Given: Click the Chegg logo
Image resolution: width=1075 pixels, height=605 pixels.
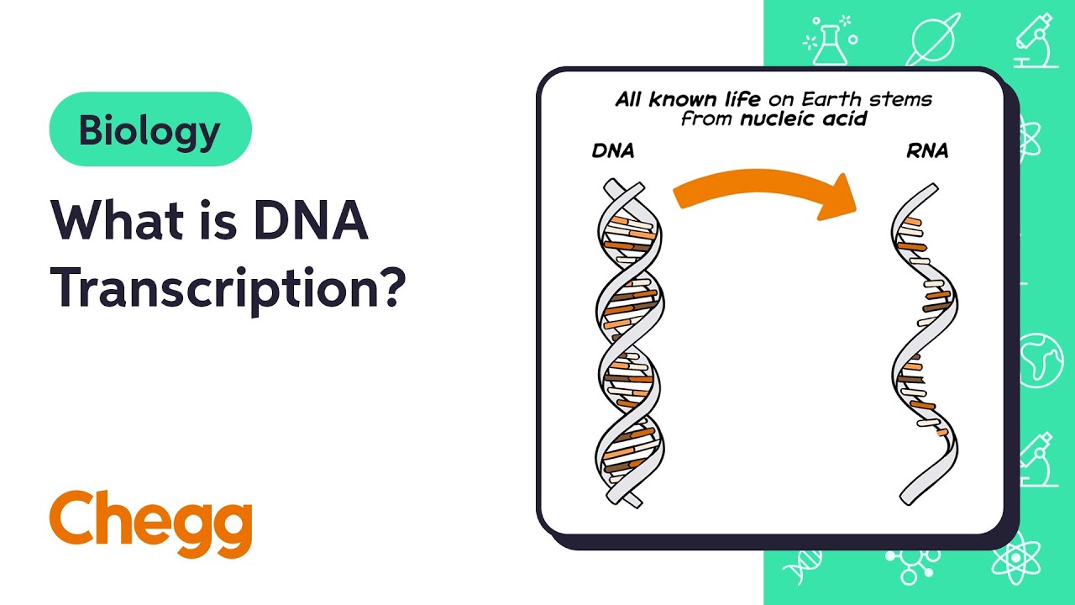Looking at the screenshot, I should tap(150, 523).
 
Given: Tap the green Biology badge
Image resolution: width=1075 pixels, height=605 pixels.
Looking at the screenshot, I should tap(150, 129).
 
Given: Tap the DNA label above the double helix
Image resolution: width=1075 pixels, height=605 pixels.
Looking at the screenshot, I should tap(613, 152).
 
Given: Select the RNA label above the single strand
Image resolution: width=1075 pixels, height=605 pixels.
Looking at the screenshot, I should tap(927, 152).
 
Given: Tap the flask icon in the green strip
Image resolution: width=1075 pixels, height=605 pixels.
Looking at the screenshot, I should tap(829, 39).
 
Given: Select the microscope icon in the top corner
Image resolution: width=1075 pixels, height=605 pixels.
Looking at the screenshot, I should tap(1035, 39).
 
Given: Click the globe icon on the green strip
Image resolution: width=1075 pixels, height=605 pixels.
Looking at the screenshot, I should tap(1041, 360).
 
